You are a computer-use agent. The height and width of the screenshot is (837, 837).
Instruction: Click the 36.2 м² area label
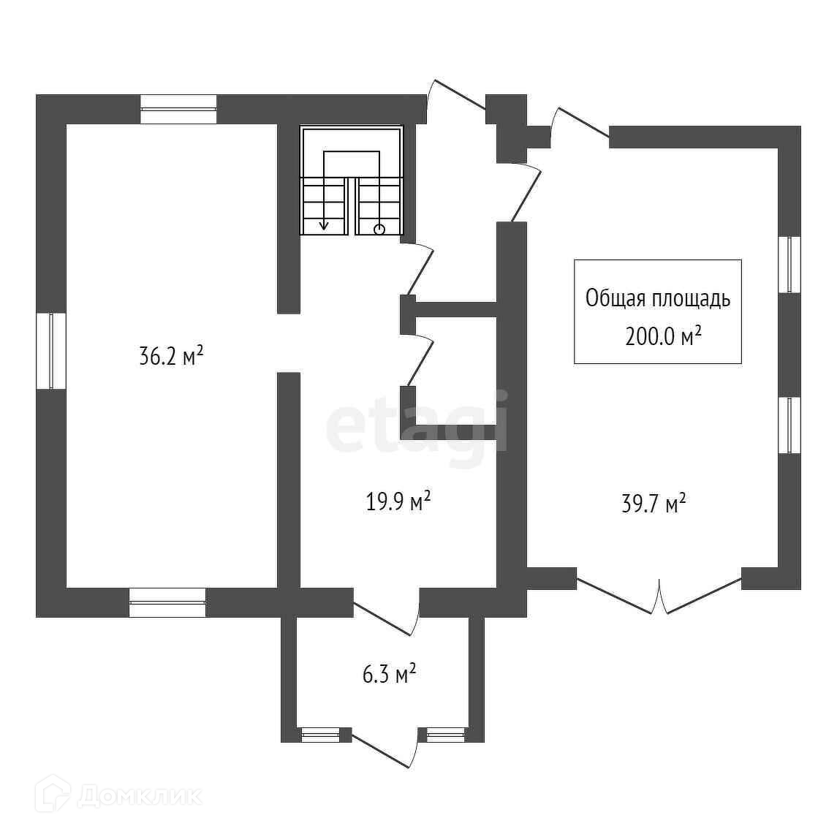pos(170,357)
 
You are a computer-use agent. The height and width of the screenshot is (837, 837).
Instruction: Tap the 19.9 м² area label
pos(398,502)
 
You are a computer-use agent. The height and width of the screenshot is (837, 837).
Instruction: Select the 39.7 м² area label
pos(654,504)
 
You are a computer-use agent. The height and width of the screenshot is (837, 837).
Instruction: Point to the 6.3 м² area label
pos(390,673)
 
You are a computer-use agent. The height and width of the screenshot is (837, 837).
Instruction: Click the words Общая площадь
pos(658,298)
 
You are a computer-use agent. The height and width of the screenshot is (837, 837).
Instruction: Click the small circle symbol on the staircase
pos(379,230)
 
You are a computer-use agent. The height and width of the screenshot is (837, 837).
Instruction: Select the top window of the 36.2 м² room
pos(178,109)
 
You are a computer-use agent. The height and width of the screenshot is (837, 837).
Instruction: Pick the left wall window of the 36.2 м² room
pos(51,351)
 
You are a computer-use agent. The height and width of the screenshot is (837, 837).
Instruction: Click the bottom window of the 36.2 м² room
pos(167,602)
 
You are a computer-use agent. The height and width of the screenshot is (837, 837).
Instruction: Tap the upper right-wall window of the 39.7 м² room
pos(789,264)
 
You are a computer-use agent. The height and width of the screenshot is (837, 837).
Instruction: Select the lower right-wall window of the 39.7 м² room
pos(789,425)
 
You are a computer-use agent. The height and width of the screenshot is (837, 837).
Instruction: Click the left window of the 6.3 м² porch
pos(321,735)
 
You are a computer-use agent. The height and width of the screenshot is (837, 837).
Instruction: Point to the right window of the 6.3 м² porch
pos(446,735)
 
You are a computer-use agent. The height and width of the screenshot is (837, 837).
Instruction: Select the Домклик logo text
pos(139,796)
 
